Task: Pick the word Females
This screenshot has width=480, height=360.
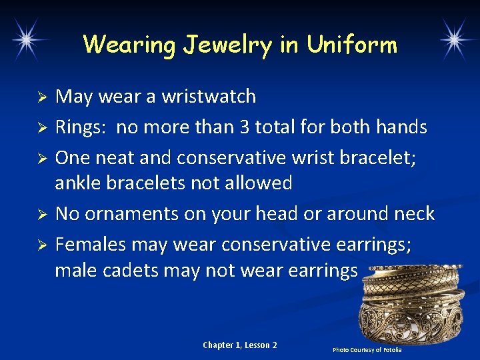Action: tap(91, 245)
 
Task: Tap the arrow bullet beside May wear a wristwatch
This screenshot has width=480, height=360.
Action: tap(41, 98)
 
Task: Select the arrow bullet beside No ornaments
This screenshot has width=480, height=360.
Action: tap(41, 215)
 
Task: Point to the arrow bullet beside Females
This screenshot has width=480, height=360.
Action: tap(41, 245)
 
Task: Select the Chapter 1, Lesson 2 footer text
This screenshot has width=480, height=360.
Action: tap(240, 345)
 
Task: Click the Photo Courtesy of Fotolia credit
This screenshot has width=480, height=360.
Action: tap(367, 350)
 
